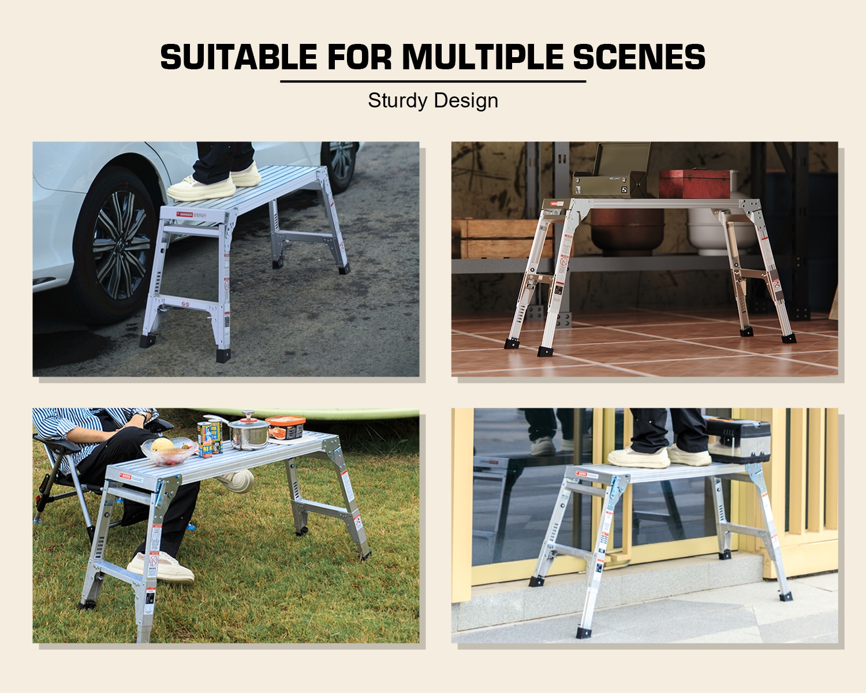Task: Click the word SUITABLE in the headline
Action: (238, 57)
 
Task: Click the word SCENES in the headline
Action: (639, 57)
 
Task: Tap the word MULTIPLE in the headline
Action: (482, 57)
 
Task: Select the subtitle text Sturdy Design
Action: (433, 100)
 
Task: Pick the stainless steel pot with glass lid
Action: (248, 430)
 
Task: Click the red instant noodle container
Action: (286, 428)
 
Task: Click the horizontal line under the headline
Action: (433, 81)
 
